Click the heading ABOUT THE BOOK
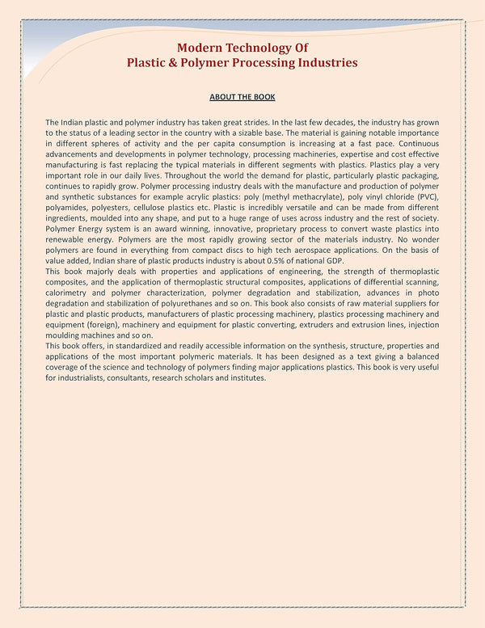click(x=242, y=97)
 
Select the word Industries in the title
click(x=324, y=62)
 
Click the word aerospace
click(x=319, y=251)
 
